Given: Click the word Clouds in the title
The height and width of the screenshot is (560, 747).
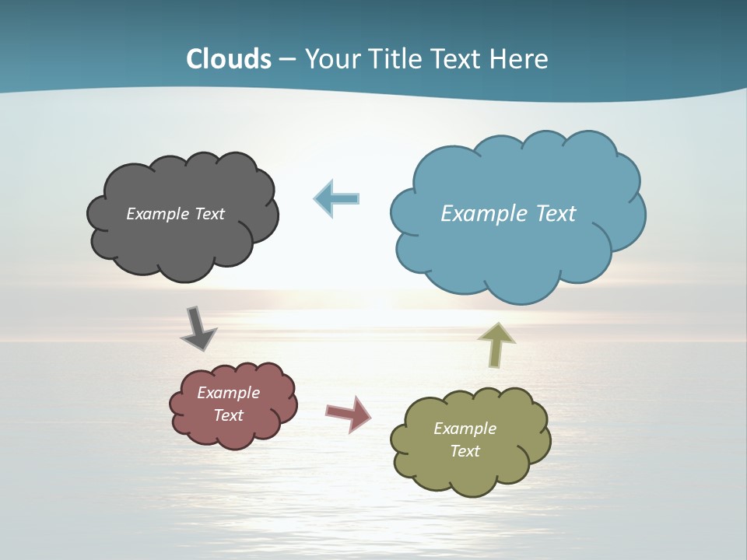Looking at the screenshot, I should pyautogui.click(x=229, y=59).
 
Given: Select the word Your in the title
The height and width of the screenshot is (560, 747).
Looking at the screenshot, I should pyautogui.click(x=331, y=59).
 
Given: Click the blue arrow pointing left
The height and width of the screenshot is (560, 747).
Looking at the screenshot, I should pyautogui.click(x=337, y=198).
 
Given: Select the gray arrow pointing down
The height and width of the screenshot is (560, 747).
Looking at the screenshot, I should pyautogui.click(x=198, y=328).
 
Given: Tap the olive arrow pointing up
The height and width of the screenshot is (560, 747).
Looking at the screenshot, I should pyautogui.click(x=496, y=345).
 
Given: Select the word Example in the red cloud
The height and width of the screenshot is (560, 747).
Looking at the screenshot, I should pyautogui.click(x=228, y=393).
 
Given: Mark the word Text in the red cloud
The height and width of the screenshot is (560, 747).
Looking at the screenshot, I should pyautogui.click(x=228, y=415).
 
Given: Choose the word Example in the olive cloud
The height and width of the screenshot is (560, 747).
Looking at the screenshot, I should pyautogui.click(x=465, y=429).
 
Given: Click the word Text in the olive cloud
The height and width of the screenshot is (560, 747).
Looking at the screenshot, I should pyautogui.click(x=465, y=451).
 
